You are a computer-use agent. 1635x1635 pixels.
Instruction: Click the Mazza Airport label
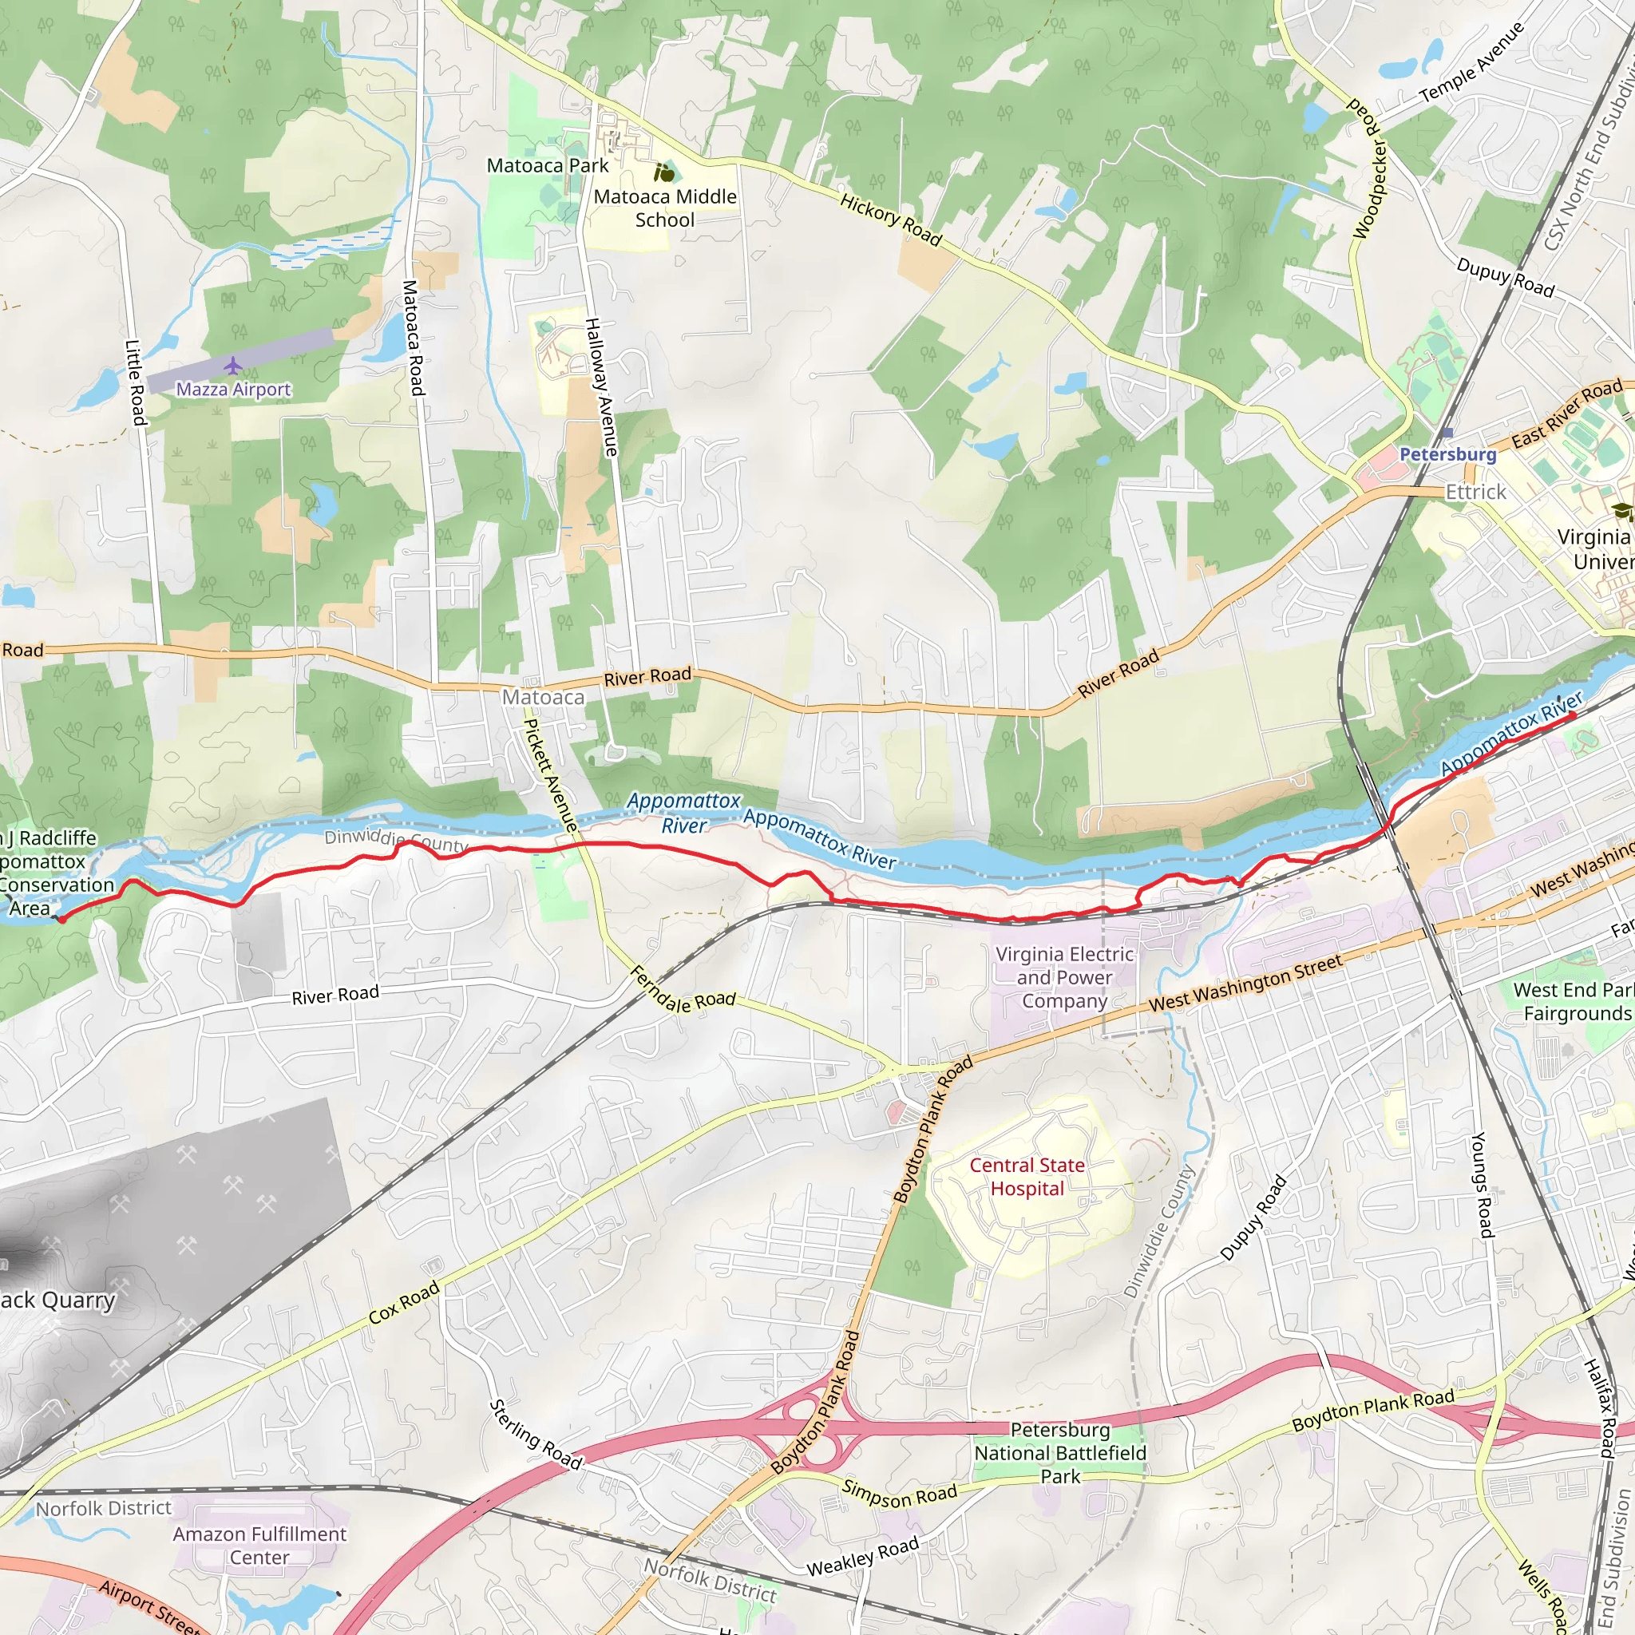pos(233,390)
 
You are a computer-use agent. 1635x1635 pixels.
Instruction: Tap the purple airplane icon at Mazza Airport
pos(233,366)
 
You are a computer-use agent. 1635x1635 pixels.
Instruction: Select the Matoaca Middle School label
pos(664,208)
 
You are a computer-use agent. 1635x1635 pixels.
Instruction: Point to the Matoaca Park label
pos(548,166)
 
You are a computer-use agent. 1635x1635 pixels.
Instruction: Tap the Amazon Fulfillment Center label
pos(259,1546)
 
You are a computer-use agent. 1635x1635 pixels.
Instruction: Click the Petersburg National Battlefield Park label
pos(1059,1453)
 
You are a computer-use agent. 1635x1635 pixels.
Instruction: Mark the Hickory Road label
pos(890,220)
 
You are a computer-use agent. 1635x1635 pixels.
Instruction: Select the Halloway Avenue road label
pos(602,387)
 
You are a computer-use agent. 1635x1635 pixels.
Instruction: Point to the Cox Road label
pos(404,1301)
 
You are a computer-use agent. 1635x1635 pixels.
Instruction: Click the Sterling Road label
pos(535,1435)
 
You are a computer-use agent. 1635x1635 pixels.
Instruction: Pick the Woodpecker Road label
pos(1368,168)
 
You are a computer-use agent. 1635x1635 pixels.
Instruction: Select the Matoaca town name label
pos(544,697)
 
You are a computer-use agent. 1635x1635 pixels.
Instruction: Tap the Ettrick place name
pos(1475,492)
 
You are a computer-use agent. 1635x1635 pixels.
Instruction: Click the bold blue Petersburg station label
pos(1447,454)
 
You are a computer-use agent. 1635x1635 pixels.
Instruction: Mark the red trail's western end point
pos(61,919)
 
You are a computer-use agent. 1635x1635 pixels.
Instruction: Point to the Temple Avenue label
pos(1471,65)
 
